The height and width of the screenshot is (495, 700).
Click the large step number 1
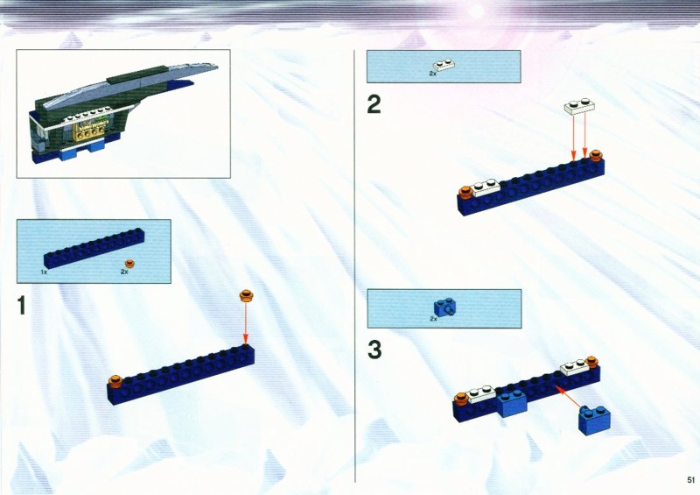pos(21,306)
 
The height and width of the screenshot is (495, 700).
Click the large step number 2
pos(374,104)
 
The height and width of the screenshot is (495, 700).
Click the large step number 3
pos(374,350)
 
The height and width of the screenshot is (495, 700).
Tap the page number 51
pos(691,480)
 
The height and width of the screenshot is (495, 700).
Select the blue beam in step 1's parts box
pos(94,249)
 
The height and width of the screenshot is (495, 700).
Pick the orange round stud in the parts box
pos(129,264)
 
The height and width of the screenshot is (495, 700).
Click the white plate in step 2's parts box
pos(444,66)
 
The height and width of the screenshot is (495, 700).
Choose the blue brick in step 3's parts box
pos(445,308)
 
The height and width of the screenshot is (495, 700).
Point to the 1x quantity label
pos(44,272)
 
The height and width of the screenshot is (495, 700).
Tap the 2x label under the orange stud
pos(124,272)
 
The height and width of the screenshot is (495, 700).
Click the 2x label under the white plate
pos(432,74)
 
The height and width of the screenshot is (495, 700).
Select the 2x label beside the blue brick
pos(433,319)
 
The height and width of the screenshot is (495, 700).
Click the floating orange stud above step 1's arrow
pos(246,295)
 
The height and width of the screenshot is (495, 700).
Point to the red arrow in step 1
pos(245,323)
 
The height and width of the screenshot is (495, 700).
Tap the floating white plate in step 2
pos(579,107)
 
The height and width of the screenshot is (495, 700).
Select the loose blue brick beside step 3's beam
pos(595,420)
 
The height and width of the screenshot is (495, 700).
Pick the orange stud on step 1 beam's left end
pos(115,380)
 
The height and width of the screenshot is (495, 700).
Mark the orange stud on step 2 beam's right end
pos(596,156)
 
